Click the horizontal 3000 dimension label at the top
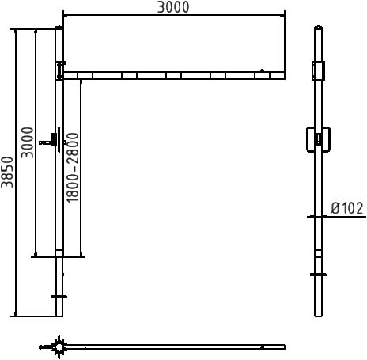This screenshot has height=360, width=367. pos(173,7)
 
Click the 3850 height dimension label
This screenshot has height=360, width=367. pos(7,172)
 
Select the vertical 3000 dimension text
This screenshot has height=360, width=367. pos(28,142)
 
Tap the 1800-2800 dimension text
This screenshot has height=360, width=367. pos(73,168)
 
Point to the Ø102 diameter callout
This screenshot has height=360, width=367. pos(347,208)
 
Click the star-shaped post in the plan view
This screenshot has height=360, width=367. pos(59,347)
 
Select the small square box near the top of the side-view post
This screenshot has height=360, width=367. pos(318,70)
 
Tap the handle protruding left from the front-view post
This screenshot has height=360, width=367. pos(47,142)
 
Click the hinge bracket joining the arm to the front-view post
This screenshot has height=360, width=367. pos(60,70)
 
